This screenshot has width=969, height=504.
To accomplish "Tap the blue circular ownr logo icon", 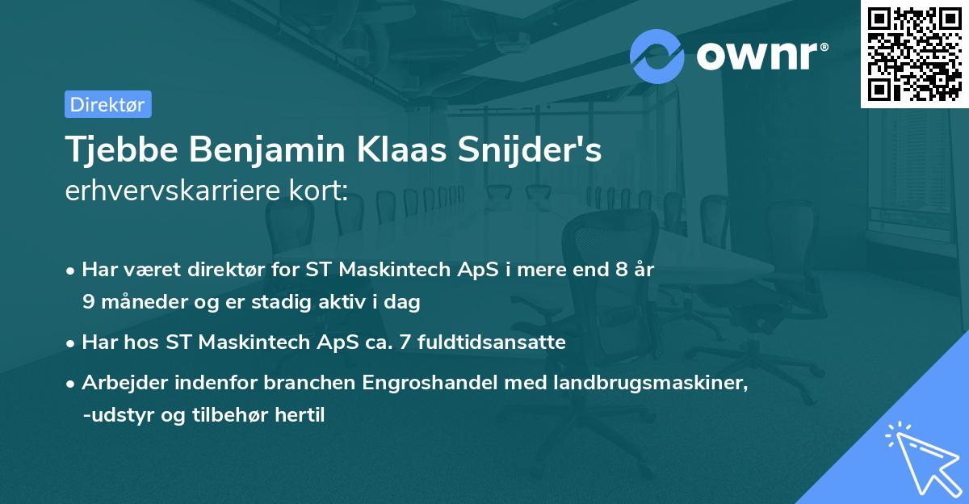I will [657, 57].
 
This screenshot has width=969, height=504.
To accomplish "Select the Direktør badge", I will [107, 104].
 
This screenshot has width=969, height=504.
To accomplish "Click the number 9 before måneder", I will [88, 303].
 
